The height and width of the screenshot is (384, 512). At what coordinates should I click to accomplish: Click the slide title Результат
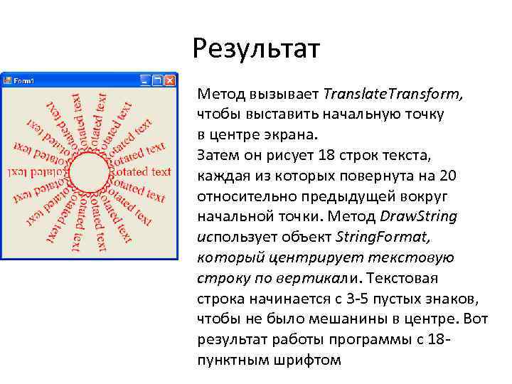(256, 50)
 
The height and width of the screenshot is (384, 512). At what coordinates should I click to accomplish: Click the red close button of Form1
(170, 80)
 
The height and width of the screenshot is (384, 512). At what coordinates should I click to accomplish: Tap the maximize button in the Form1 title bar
(158, 80)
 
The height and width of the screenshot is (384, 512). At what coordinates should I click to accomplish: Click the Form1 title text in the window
(25, 80)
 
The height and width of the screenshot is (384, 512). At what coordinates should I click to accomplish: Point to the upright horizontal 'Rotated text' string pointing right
(140, 171)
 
